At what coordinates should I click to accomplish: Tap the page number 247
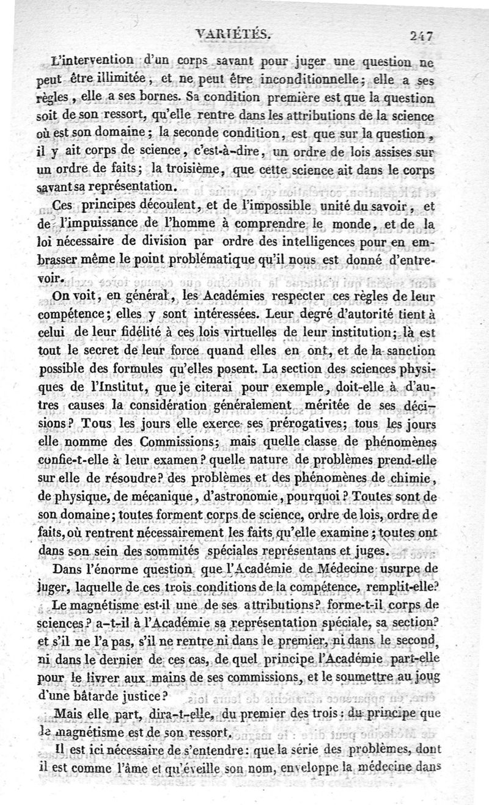pyautogui.click(x=422, y=35)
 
